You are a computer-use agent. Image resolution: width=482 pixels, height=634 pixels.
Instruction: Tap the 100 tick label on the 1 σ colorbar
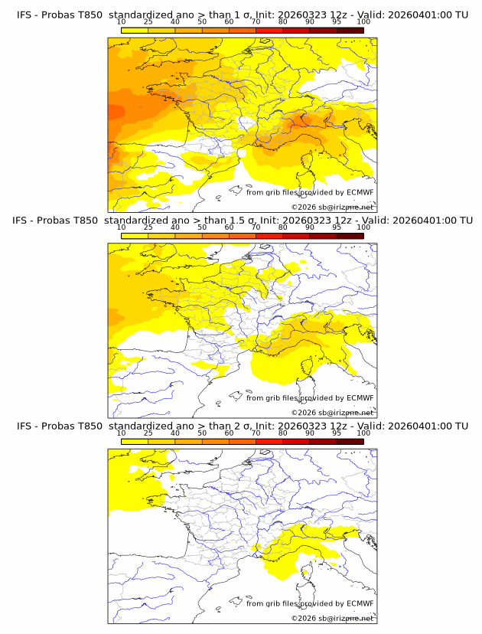tap(363, 21)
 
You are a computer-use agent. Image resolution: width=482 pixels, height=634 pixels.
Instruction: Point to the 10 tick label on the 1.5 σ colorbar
tap(121, 227)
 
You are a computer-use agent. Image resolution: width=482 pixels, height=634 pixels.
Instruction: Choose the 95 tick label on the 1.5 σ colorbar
tap(337, 227)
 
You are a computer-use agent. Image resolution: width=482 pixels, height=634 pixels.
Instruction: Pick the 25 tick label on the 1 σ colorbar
tap(148, 21)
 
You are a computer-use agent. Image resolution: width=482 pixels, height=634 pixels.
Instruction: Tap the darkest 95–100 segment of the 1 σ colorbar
tap(350, 30)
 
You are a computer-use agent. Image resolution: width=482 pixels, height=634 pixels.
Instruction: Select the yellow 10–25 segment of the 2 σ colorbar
tap(134, 441)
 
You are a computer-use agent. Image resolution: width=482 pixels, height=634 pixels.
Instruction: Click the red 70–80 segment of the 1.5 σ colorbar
tap(269, 236)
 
